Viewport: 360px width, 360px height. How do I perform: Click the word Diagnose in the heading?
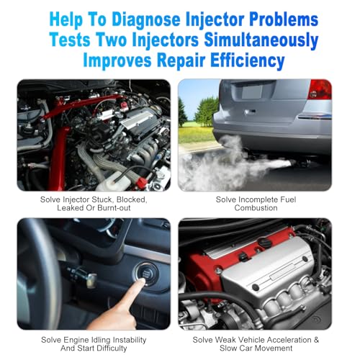[x=146, y=19]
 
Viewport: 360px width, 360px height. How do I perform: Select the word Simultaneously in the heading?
[x=261, y=40]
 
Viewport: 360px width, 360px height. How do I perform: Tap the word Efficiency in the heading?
[x=248, y=60]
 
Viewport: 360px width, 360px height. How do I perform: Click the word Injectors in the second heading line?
[x=166, y=40]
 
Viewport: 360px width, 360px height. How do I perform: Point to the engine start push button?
[x=145, y=274]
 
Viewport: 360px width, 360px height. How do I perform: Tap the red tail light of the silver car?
[x=320, y=89]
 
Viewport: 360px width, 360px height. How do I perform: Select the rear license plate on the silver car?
[x=252, y=91]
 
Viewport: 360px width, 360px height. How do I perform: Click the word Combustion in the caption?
[x=256, y=208]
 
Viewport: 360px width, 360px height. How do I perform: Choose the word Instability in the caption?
[x=130, y=340]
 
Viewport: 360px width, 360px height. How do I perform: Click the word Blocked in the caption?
[x=132, y=199]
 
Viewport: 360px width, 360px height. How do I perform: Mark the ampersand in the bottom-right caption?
[x=316, y=340]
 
